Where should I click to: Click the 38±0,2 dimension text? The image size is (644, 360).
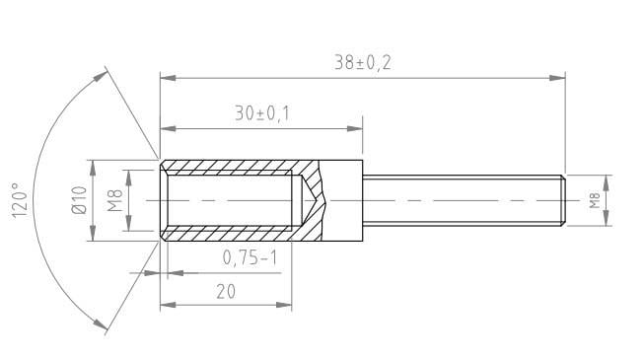point(363,62)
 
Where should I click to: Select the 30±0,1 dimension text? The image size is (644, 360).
point(262,113)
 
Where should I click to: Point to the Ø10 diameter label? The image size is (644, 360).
point(80,200)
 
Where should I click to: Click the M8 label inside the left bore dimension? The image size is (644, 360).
point(115,200)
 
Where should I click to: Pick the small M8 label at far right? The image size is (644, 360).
point(595,201)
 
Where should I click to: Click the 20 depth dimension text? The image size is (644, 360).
point(225,291)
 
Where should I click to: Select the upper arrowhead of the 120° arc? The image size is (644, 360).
point(104,72)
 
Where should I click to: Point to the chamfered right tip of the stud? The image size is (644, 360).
point(563,200)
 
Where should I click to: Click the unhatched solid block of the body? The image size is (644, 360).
point(345,200)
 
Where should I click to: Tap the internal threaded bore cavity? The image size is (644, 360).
point(232,200)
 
